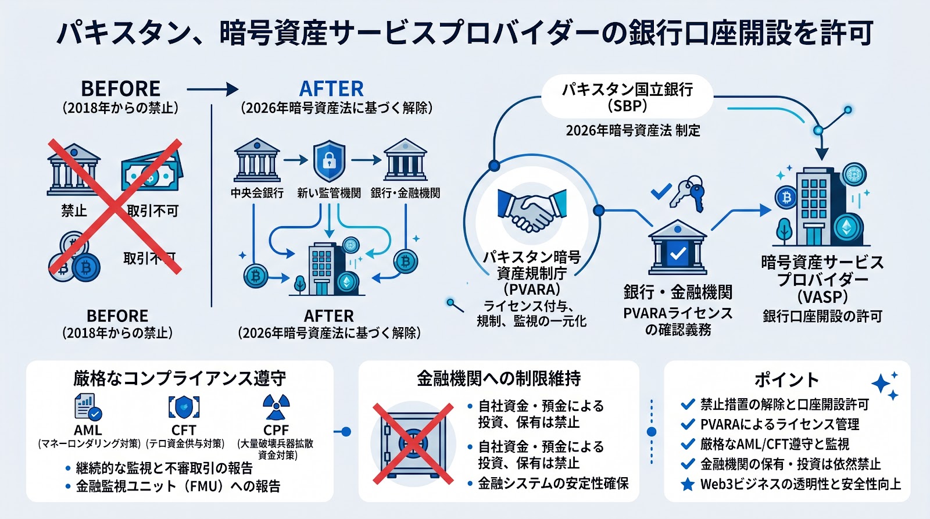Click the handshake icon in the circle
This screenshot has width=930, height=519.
tap(532, 210)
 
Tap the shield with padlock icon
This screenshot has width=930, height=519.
tap(329, 161)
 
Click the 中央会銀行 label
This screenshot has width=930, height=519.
tap(257, 193)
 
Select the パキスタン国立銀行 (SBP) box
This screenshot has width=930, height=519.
tap(627, 97)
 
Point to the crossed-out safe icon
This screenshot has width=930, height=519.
tap(413, 443)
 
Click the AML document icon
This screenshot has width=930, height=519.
tap(88, 407)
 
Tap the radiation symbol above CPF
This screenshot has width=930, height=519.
tap(276, 407)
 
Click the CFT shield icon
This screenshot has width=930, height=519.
tap(184, 407)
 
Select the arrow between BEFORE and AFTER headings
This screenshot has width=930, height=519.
tap(213, 89)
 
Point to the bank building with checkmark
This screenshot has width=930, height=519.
tap(677, 247)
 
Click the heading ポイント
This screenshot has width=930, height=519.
tap(786, 380)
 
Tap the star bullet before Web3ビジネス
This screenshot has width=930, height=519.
tap(688, 484)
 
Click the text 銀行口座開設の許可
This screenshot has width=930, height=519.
tap(822, 316)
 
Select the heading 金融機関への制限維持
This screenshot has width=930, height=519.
tap(499, 378)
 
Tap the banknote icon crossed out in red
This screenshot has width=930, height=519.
tap(151, 172)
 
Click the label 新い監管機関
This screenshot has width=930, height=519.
tap(329, 193)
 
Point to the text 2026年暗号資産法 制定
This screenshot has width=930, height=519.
tap(633, 130)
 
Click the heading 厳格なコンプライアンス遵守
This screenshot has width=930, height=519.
tap(180, 378)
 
